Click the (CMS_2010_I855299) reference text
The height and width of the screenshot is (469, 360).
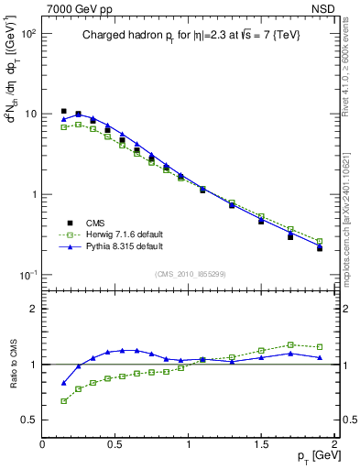(191, 273)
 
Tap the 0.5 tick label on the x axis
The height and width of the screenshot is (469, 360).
(115, 444)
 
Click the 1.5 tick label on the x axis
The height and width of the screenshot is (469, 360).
(261, 444)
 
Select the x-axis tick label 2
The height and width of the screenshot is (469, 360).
(334, 444)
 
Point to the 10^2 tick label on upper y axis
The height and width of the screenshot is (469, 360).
(27, 34)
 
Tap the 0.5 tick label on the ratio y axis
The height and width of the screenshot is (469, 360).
(29, 420)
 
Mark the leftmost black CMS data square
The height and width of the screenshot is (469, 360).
(63, 111)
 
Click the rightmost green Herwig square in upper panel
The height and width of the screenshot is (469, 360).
(320, 241)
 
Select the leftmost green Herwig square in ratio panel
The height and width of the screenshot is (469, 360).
(63, 400)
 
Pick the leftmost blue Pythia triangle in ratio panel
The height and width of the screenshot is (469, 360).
(63, 383)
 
